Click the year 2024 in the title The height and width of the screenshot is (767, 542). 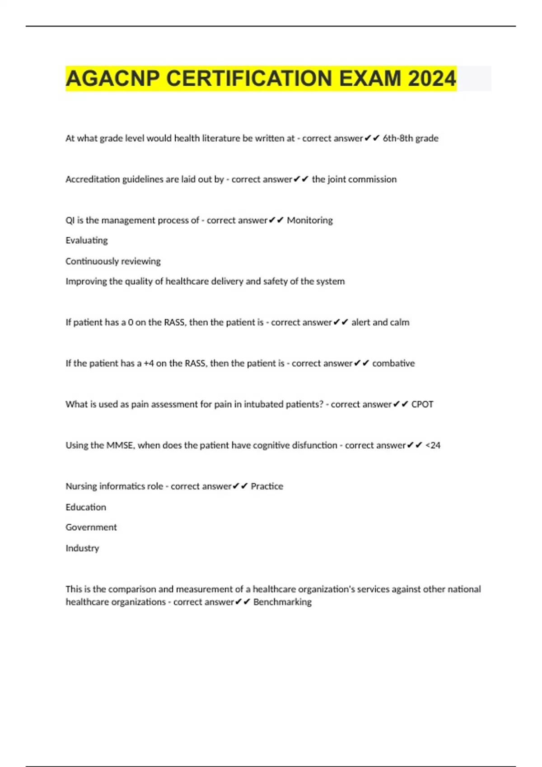pos(432,79)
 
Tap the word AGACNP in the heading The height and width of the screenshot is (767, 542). pos(113,79)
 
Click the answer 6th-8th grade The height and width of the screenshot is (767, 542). pos(411,138)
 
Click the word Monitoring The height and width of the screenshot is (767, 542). pos(310,220)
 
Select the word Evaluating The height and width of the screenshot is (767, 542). pos(87,240)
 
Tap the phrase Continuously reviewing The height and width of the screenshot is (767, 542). pos(113,261)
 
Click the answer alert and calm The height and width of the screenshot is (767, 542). pos(380,322)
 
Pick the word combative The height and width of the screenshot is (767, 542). pos(393,363)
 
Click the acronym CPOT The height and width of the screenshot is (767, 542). pos(422,404)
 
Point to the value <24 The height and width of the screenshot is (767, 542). pos(433,445)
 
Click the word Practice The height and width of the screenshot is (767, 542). pos(267,486)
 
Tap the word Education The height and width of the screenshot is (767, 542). pos(86,507)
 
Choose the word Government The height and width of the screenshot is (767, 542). pos(91,527)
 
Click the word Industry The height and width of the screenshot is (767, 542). pos(82,548)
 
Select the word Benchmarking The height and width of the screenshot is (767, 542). pos(282,602)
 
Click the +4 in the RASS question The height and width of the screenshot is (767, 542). pos(149,363)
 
